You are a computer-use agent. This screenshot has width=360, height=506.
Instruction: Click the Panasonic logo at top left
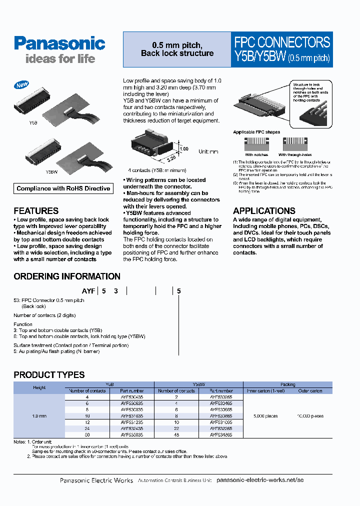(x=59, y=43)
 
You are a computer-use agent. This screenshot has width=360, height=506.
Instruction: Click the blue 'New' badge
(x=22, y=85)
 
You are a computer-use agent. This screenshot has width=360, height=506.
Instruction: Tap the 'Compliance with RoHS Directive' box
(x=63, y=188)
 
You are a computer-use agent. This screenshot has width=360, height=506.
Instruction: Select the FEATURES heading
(x=36, y=211)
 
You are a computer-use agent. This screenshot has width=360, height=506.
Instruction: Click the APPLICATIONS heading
(x=264, y=211)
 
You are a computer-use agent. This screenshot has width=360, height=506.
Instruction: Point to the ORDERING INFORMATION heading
(x=67, y=276)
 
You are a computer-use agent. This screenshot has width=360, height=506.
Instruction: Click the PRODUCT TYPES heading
(x=49, y=374)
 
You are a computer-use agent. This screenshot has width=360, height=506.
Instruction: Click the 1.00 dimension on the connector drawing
(x=184, y=149)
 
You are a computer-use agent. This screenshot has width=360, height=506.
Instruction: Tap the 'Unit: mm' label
(x=208, y=151)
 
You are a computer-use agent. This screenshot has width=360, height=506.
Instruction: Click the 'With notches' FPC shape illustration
(x=256, y=145)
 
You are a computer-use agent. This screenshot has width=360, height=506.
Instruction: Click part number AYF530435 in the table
(x=132, y=396)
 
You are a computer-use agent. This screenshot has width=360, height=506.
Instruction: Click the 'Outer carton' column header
(x=310, y=390)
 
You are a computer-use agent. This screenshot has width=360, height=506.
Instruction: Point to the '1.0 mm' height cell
(x=39, y=416)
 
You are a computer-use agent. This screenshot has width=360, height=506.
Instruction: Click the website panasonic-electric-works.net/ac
(x=260, y=480)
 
